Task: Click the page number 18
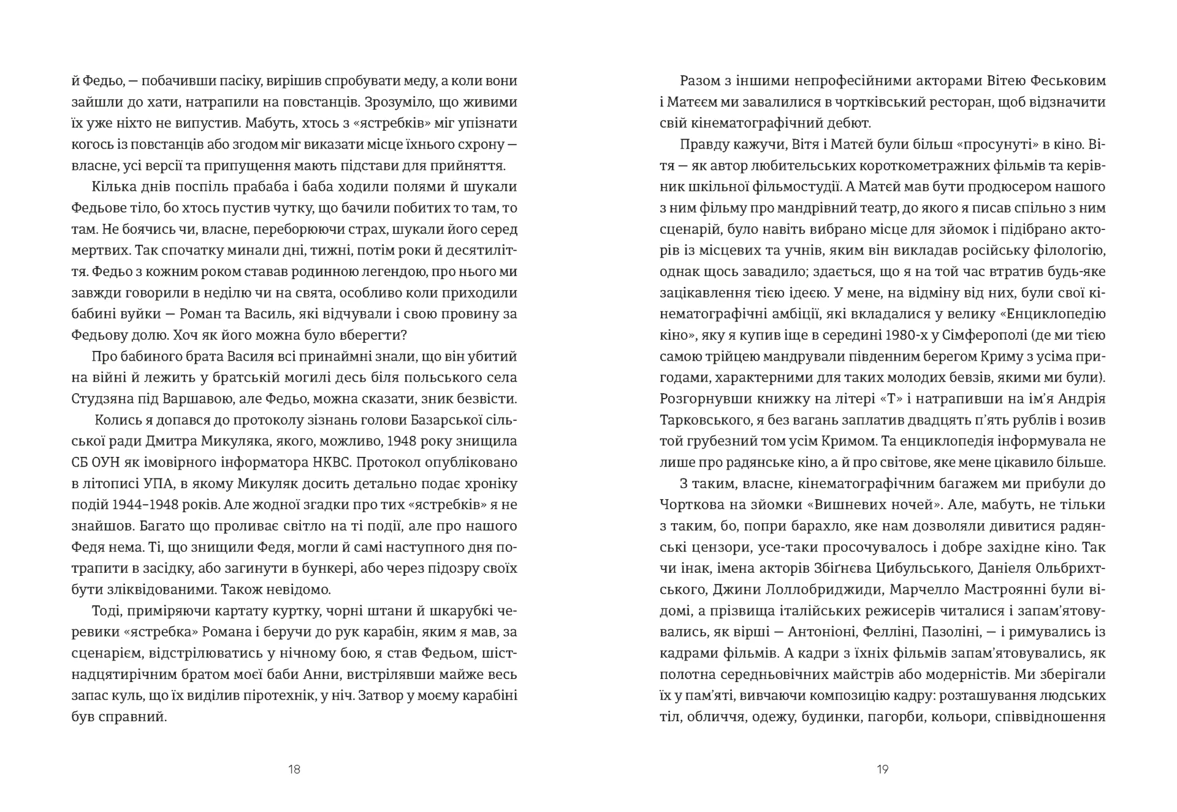294,769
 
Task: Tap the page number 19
882,769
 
